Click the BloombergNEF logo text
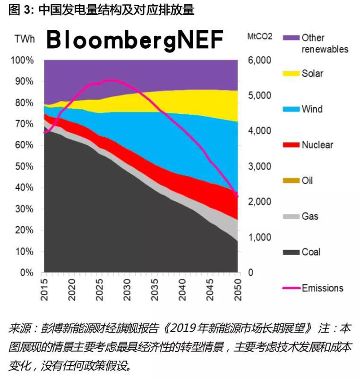coord(135,40)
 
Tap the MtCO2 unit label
coord(260,37)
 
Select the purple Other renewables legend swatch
coord(291,37)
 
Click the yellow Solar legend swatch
coord(291,74)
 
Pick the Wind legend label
coord(312,109)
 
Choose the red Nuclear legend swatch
coord(291,145)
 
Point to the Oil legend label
coord(307,180)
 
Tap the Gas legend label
coord(310,216)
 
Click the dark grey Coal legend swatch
coord(291,252)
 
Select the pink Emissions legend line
coord(291,288)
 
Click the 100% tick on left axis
coord(22,60)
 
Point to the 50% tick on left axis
coord(24,166)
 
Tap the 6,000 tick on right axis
coord(258,60)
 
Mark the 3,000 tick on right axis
coord(258,166)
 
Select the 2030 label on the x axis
coord(127,289)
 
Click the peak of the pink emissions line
coord(110,80)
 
